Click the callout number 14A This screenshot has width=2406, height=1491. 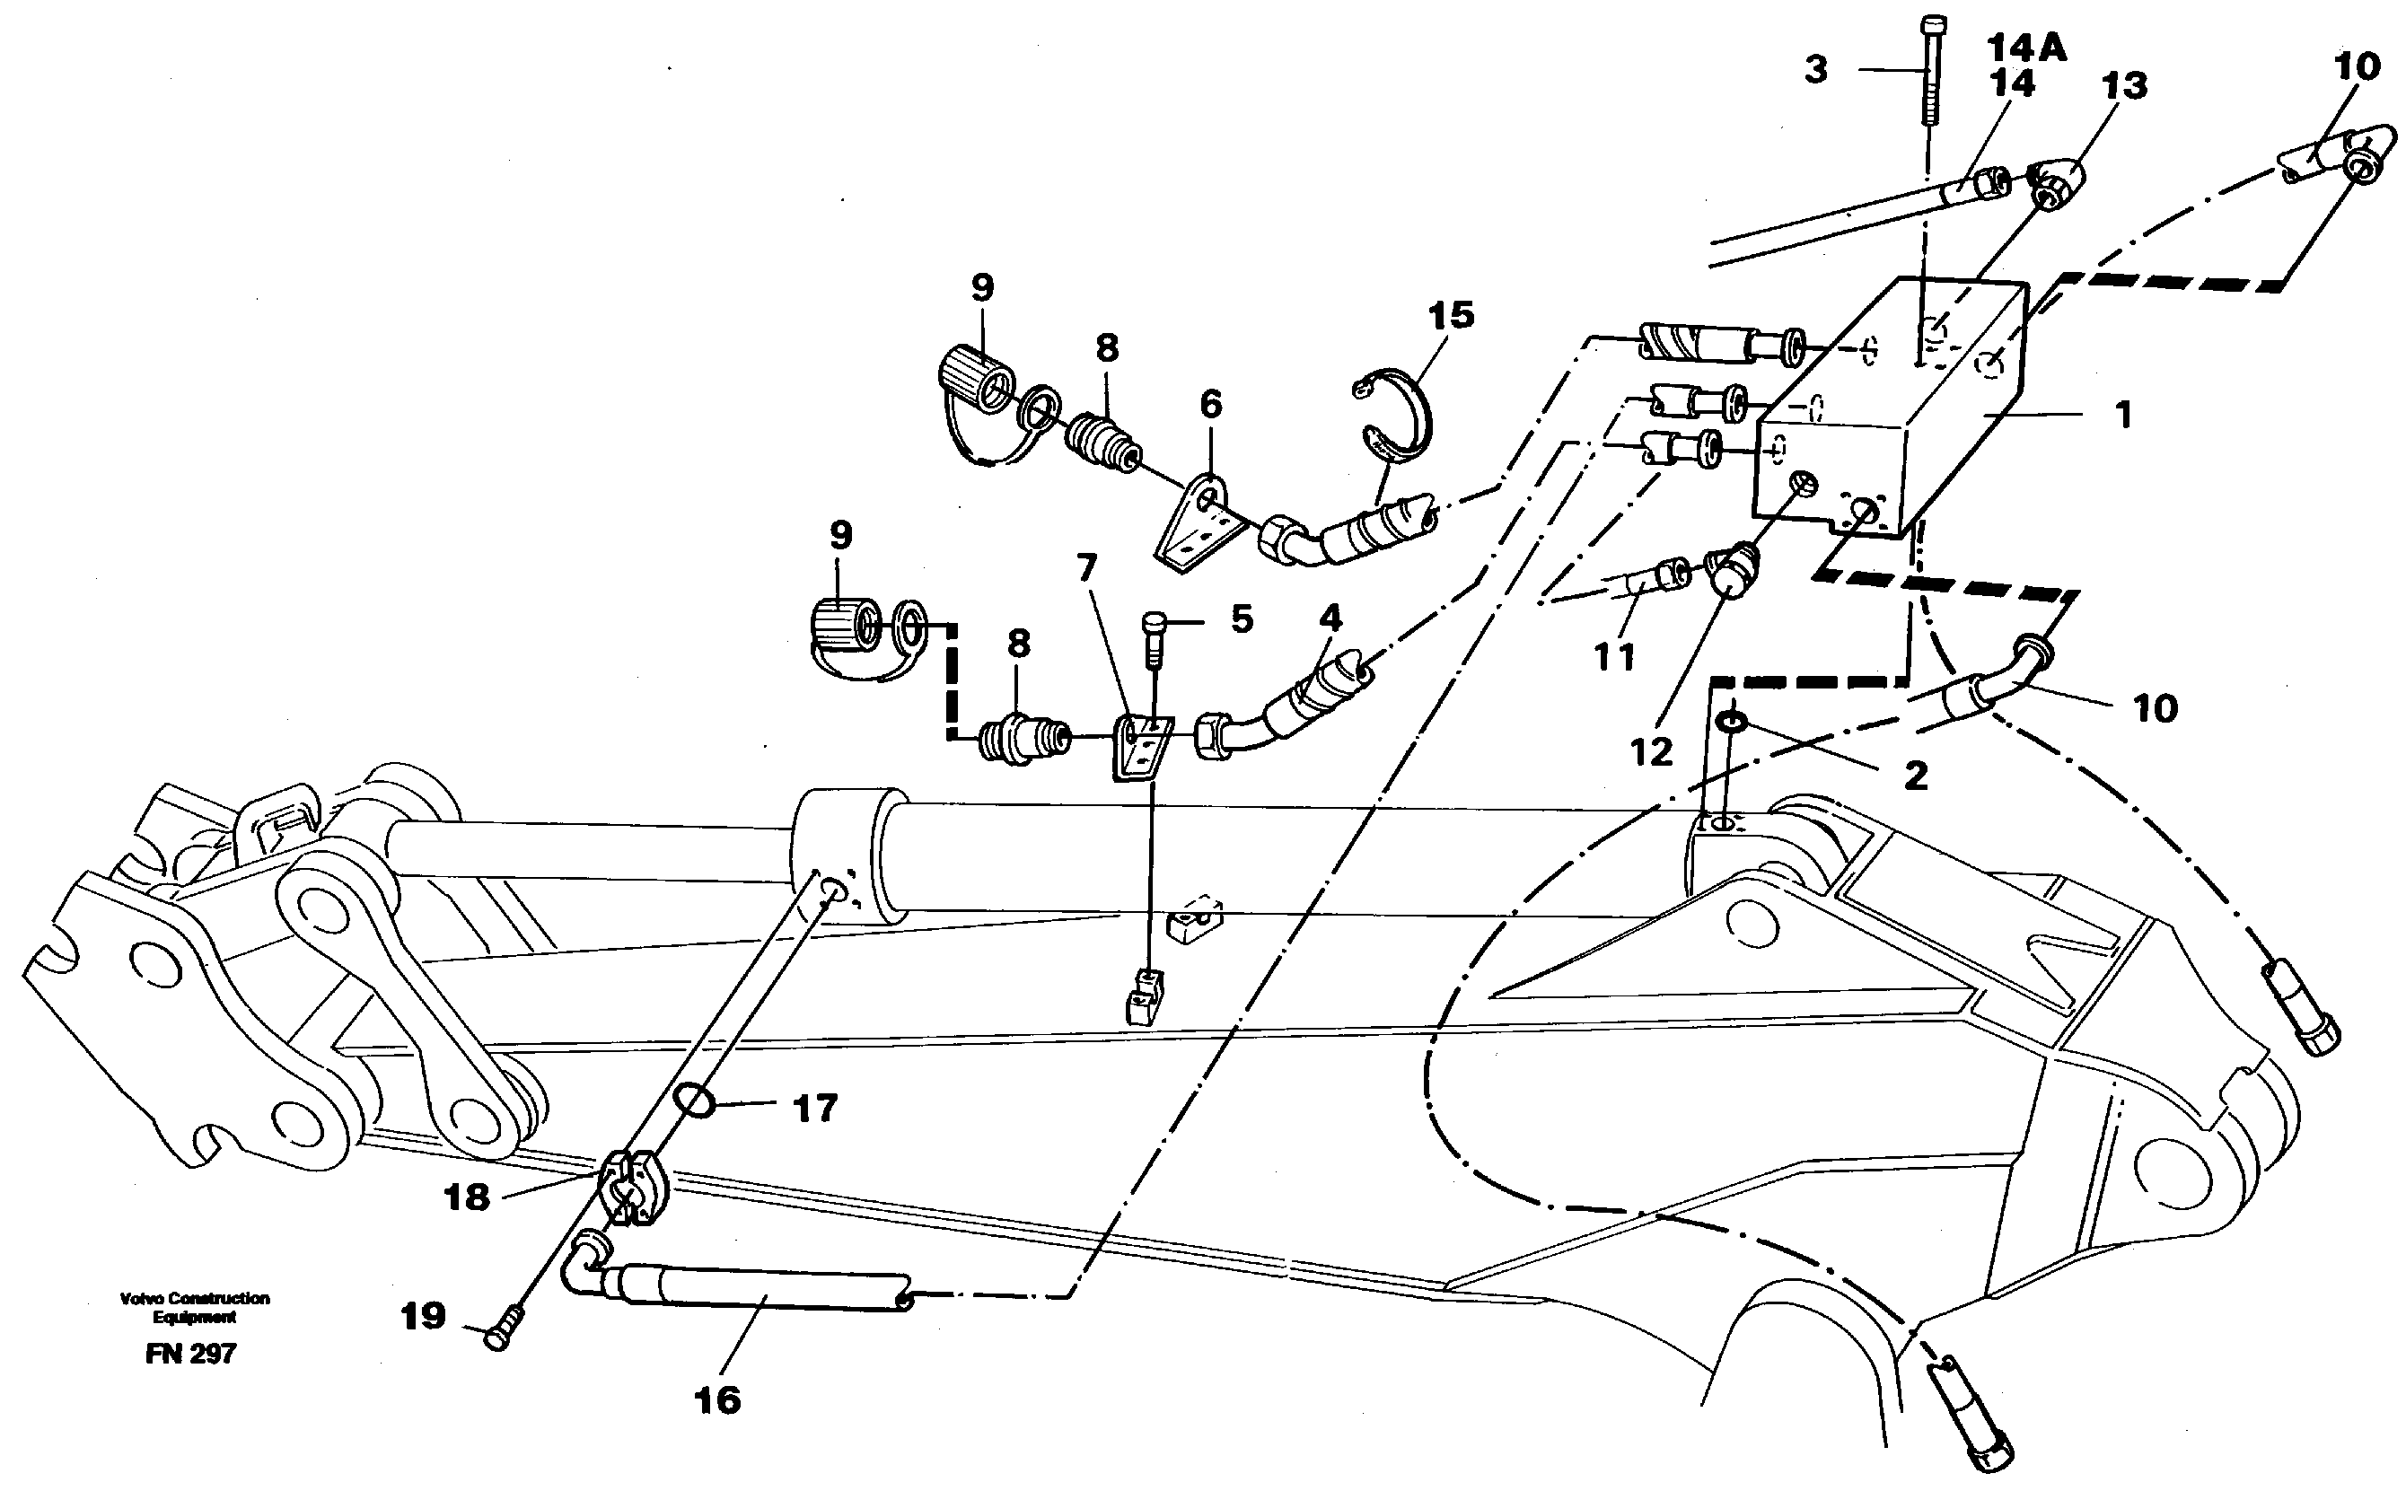click(x=2025, y=48)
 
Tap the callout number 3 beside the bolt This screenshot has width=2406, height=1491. click(x=1816, y=70)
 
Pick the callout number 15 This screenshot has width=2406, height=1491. click(x=1451, y=316)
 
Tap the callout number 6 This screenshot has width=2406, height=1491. click(x=1211, y=404)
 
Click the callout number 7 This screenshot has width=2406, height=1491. click(x=1086, y=569)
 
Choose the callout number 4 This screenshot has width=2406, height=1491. click(x=1331, y=619)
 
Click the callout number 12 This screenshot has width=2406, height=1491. click(x=1652, y=752)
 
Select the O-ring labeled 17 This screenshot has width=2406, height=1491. click(x=695, y=1100)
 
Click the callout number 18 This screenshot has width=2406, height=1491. click(x=468, y=1198)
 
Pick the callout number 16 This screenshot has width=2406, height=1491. click(x=718, y=1400)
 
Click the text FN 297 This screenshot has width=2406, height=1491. click(x=190, y=1354)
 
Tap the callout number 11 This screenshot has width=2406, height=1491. click(x=1615, y=657)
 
